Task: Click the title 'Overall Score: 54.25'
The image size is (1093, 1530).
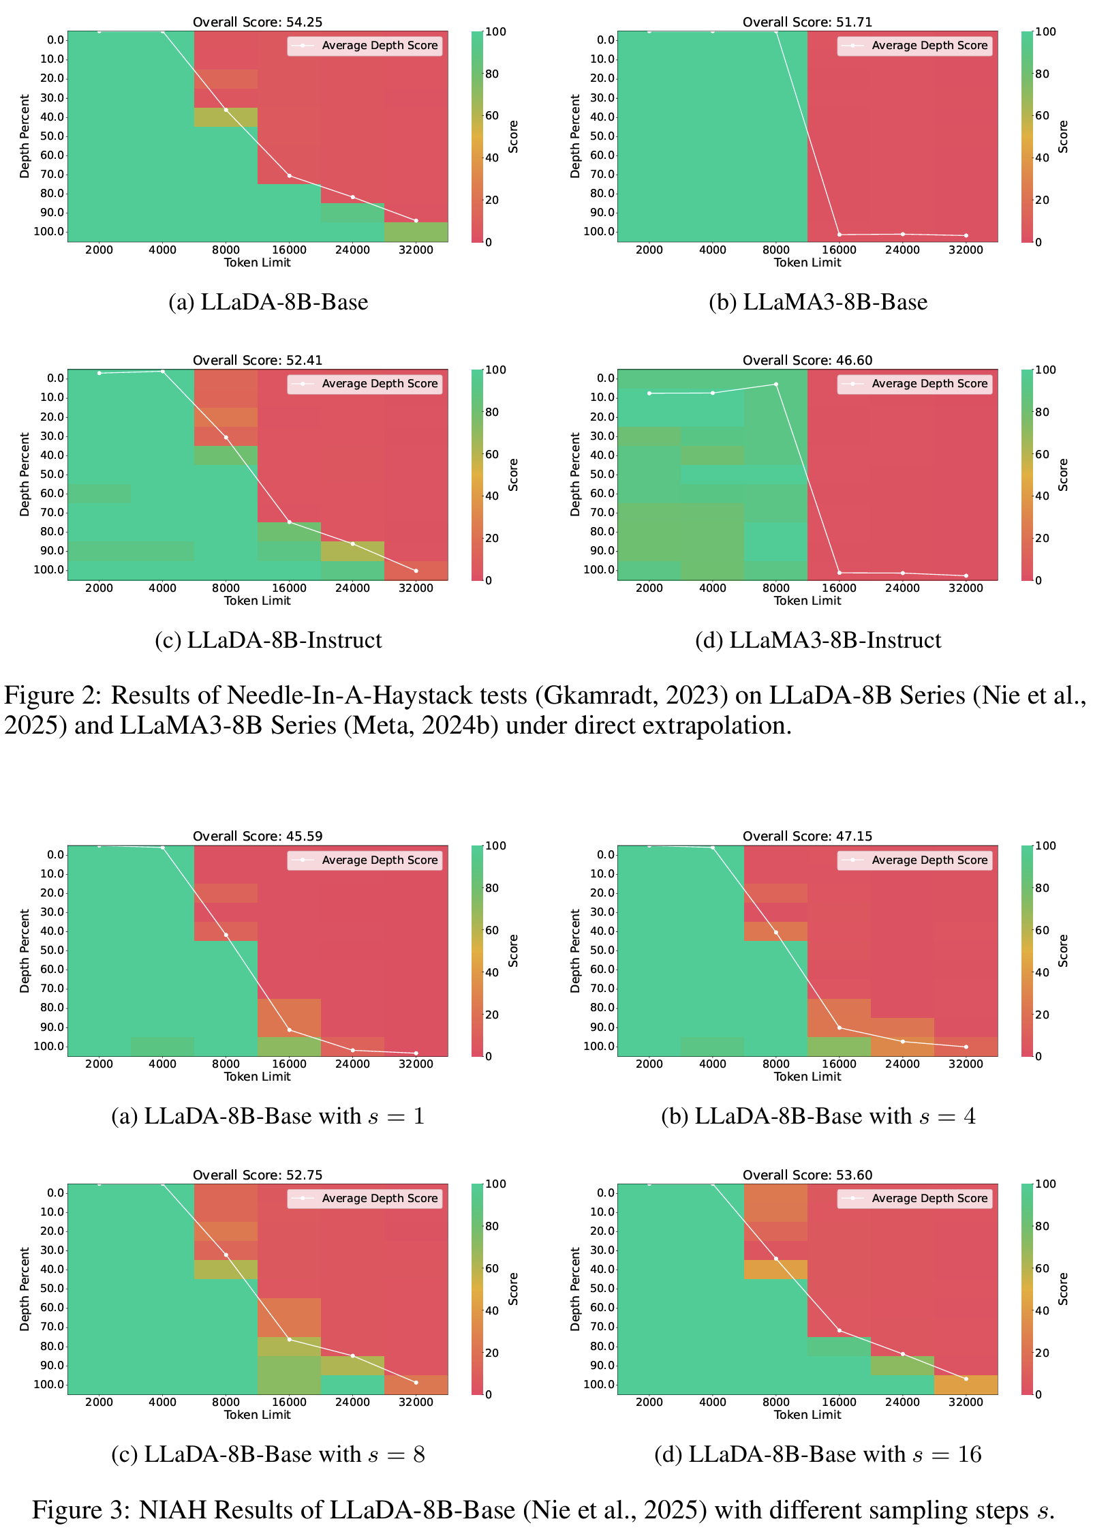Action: click(258, 22)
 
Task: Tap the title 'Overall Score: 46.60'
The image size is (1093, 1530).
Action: click(807, 360)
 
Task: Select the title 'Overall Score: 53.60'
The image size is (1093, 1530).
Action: click(807, 1175)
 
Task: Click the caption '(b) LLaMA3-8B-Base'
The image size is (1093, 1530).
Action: click(818, 302)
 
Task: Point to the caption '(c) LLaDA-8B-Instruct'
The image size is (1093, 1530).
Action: click(268, 640)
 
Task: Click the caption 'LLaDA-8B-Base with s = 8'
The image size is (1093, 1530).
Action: click(268, 1454)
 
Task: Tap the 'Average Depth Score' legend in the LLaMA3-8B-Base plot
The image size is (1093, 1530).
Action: click(914, 46)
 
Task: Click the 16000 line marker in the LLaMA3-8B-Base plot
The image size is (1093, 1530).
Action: click(839, 235)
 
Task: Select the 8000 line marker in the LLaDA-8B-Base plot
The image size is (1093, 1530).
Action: click(226, 110)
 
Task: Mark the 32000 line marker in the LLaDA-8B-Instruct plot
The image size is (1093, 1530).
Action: click(416, 571)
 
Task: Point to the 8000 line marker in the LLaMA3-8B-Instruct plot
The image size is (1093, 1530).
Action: click(775, 385)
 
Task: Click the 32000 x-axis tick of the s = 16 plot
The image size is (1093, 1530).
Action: click(966, 1402)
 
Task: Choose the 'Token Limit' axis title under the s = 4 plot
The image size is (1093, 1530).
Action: click(807, 1077)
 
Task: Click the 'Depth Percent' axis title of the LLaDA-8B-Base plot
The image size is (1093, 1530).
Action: click(25, 136)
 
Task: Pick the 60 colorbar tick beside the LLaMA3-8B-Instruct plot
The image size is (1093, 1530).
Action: click(1043, 454)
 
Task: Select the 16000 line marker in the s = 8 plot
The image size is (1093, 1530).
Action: click(289, 1339)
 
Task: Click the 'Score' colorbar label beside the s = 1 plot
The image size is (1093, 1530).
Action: click(513, 950)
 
